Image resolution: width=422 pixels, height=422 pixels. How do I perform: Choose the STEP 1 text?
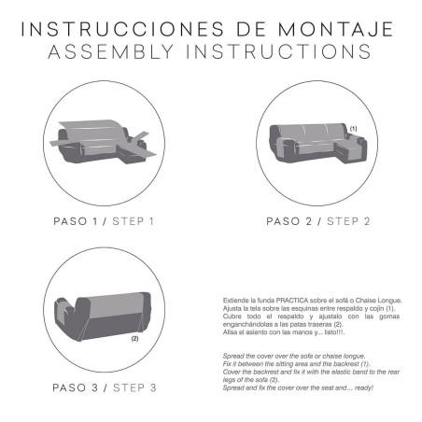134,222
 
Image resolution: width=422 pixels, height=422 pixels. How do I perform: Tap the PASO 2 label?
293,222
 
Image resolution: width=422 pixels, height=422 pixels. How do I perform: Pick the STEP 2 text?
349,222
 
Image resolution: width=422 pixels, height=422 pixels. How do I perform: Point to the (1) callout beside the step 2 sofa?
353,127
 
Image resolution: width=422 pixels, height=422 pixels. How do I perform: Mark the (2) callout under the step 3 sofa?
134,339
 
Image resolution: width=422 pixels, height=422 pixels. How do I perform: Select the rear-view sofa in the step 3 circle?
103,313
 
